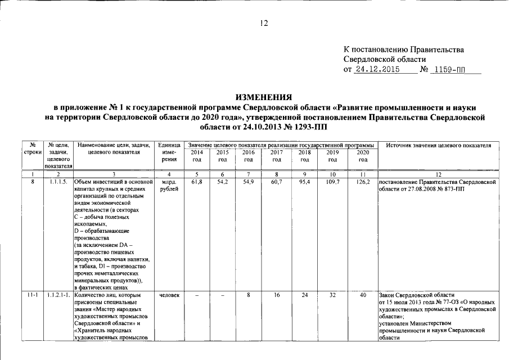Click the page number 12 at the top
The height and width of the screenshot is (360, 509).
click(264, 23)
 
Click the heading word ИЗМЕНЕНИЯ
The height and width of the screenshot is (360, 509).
click(263, 96)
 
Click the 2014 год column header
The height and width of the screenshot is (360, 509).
click(197, 156)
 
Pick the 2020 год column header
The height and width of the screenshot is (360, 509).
click(363, 156)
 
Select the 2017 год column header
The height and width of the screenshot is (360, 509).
click(277, 156)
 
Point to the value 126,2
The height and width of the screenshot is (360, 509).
click(363, 183)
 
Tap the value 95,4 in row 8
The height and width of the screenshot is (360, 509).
click(304, 183)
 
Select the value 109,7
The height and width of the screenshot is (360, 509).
click(333, 183)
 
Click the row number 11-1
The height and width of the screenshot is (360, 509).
click(33, 294)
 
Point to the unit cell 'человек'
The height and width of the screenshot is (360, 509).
click(169, 294)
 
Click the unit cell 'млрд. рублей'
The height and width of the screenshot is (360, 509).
click(169, 186)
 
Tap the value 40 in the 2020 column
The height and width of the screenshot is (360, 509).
click(363, 294)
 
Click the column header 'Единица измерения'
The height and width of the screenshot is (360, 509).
click(169, 152)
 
